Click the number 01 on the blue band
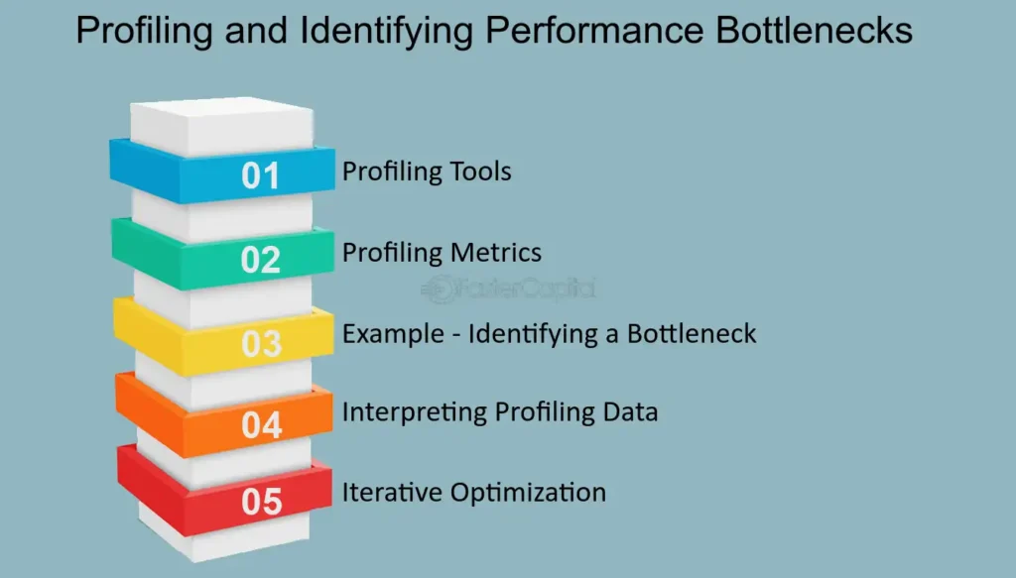pos(261,176)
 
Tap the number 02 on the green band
pos(261,260)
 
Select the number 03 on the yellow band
pos(262,344)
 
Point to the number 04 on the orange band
pos(262,424)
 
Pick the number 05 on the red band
pos(262,503)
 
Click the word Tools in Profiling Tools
pos(479,172)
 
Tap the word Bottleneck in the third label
pos(692,333)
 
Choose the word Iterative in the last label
pos(388,492)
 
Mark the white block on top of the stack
pos(220,124)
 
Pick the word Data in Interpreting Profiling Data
pos(630,411)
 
